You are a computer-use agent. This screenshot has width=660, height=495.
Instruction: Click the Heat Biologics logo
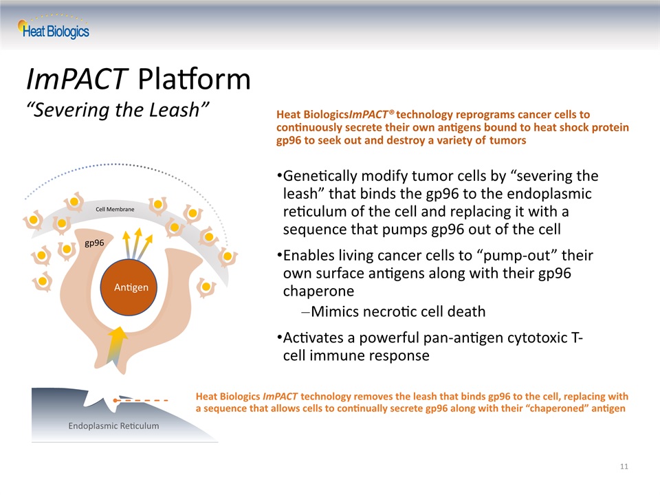tap(54, 27)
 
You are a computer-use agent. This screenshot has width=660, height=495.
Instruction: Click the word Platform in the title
tap(194, 78)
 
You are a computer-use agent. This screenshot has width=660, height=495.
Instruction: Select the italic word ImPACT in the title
tap(77, 78)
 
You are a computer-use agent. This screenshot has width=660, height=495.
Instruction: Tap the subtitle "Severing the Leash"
tap(118, 110)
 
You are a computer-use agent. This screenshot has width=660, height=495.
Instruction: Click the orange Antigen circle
tap(129, 287)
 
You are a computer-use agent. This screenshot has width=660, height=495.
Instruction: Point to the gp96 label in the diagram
tap(94, 243)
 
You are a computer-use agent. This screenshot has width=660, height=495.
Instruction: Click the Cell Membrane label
tap(115, 209)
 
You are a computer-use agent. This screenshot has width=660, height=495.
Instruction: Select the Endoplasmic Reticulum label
tap(113, 426)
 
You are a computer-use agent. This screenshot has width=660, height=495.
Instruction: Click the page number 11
tap(624, 466)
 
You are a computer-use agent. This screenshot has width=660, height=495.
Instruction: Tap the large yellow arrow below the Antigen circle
tap(117, 345)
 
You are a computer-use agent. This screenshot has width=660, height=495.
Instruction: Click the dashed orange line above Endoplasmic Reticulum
tap(141, 400)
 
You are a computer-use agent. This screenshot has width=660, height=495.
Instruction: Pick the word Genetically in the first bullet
tap(320, 176)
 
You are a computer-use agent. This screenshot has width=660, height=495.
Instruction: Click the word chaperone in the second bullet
tap(318, 291)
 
